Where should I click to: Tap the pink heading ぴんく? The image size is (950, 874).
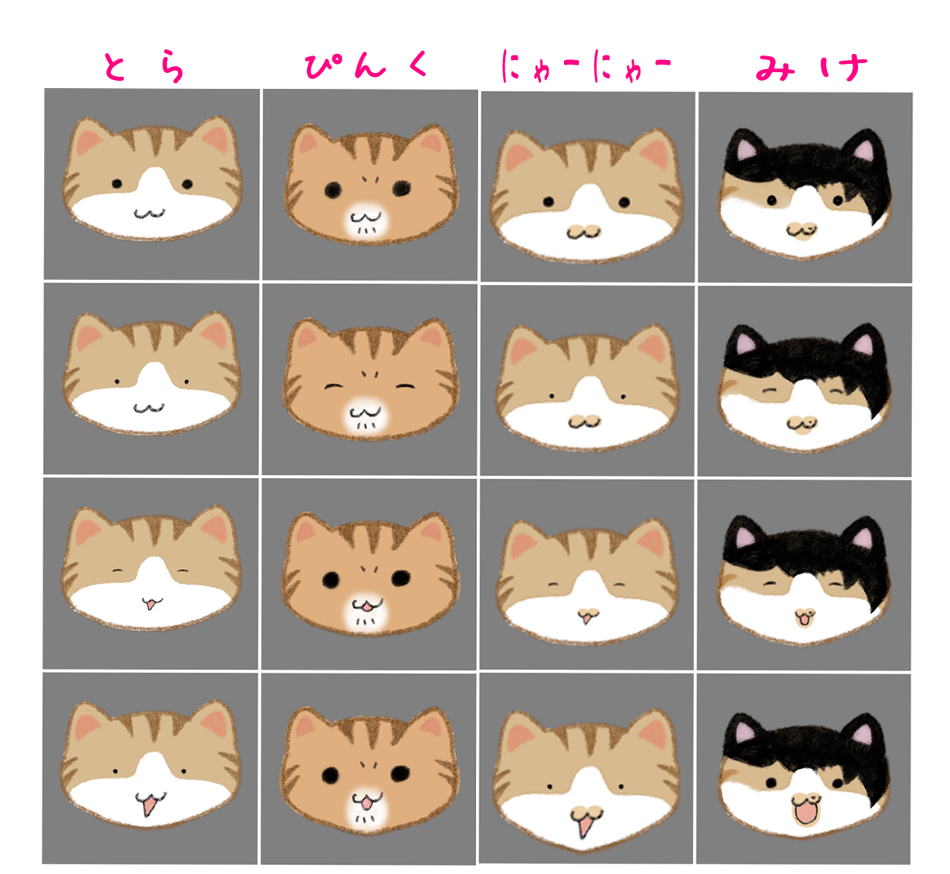coord(366,65)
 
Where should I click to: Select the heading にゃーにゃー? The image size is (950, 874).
coord(586,66)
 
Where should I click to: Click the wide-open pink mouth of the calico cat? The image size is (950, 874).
coord(805,812)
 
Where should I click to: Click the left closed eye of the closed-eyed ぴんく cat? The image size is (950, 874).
coord(333,386)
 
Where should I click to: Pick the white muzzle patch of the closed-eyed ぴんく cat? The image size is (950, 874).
coord(366,416)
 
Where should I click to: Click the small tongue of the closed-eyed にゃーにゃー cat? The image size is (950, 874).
coord(586,618)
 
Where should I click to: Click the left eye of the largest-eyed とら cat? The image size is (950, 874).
coord(117,183)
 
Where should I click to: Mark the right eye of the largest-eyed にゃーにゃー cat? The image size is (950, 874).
coord(624,202)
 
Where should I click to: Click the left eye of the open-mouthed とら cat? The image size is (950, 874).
coord(115,771)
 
